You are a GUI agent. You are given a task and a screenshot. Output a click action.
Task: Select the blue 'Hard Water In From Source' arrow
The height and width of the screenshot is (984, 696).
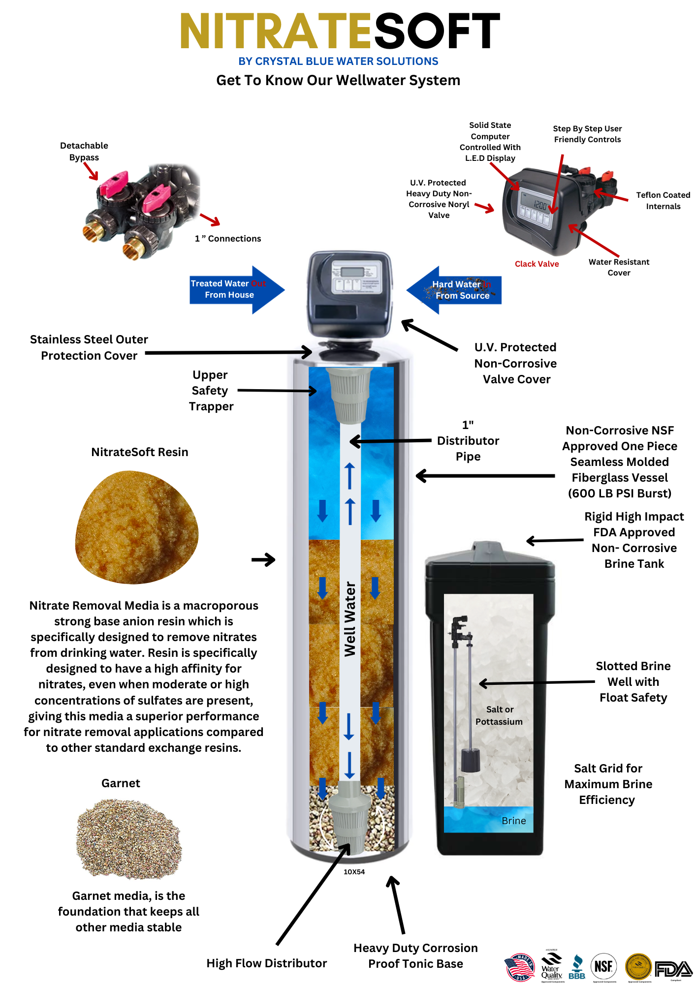(455, 290)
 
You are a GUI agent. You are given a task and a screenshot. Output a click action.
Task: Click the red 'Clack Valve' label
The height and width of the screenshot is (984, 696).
(537, 264)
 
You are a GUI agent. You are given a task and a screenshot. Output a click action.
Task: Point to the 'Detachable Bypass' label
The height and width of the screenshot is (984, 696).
(84, 152)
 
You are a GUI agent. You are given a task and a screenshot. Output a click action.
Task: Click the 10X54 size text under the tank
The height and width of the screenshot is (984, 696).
(354, 872)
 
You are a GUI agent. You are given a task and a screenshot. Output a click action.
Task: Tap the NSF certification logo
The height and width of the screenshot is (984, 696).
(603, 966)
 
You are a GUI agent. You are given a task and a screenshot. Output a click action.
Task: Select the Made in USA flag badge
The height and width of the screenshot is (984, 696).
(520, 967)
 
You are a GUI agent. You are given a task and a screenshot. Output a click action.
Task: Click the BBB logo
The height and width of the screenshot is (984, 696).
(577, 968)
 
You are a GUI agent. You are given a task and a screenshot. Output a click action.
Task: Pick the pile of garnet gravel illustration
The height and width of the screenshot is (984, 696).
(129, 839)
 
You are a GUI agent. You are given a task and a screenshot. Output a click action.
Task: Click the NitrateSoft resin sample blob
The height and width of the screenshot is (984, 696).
(136, 527)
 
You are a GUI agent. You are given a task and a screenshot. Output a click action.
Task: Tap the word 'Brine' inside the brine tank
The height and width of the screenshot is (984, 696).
(513, 821)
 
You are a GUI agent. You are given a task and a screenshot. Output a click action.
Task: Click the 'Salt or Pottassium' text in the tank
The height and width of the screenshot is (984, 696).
(499, 715)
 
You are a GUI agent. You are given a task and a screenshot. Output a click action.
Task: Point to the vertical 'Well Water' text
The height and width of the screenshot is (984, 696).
(350, 619)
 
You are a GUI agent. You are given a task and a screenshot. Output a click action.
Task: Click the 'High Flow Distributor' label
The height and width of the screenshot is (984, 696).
(266, 963)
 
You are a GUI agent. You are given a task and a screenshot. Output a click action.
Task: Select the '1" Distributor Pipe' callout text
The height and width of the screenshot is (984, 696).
(468, 441)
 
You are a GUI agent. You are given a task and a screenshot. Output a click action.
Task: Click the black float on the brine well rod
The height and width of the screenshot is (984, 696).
(470, 760)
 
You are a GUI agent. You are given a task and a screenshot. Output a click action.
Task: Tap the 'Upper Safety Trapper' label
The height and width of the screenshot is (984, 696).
(211, 391)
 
